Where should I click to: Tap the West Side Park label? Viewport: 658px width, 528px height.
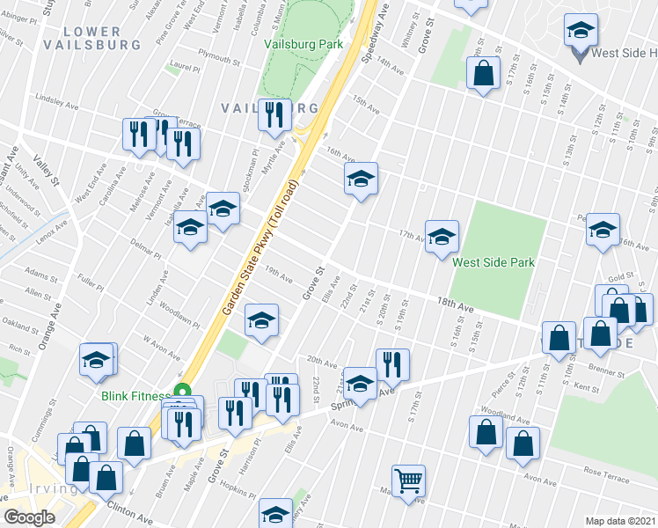(x=493, y=262)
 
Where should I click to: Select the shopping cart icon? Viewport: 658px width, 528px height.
(x=408, y=480)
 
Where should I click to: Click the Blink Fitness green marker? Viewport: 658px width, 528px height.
(x=183, y=392)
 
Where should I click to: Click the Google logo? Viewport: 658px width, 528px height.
(x=29, y=517)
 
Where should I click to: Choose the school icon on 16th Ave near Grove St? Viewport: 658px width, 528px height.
(x=360, y=180)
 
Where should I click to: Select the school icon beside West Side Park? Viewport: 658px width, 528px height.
(x=442, y=235)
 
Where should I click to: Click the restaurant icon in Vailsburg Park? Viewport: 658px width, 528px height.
(x=274, y=114)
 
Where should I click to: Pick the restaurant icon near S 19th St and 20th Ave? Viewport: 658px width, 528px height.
(x=392, y=364)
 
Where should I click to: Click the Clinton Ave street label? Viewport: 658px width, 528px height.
(x=125, y=509)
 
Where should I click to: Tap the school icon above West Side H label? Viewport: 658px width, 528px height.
(x=581, y=31)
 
